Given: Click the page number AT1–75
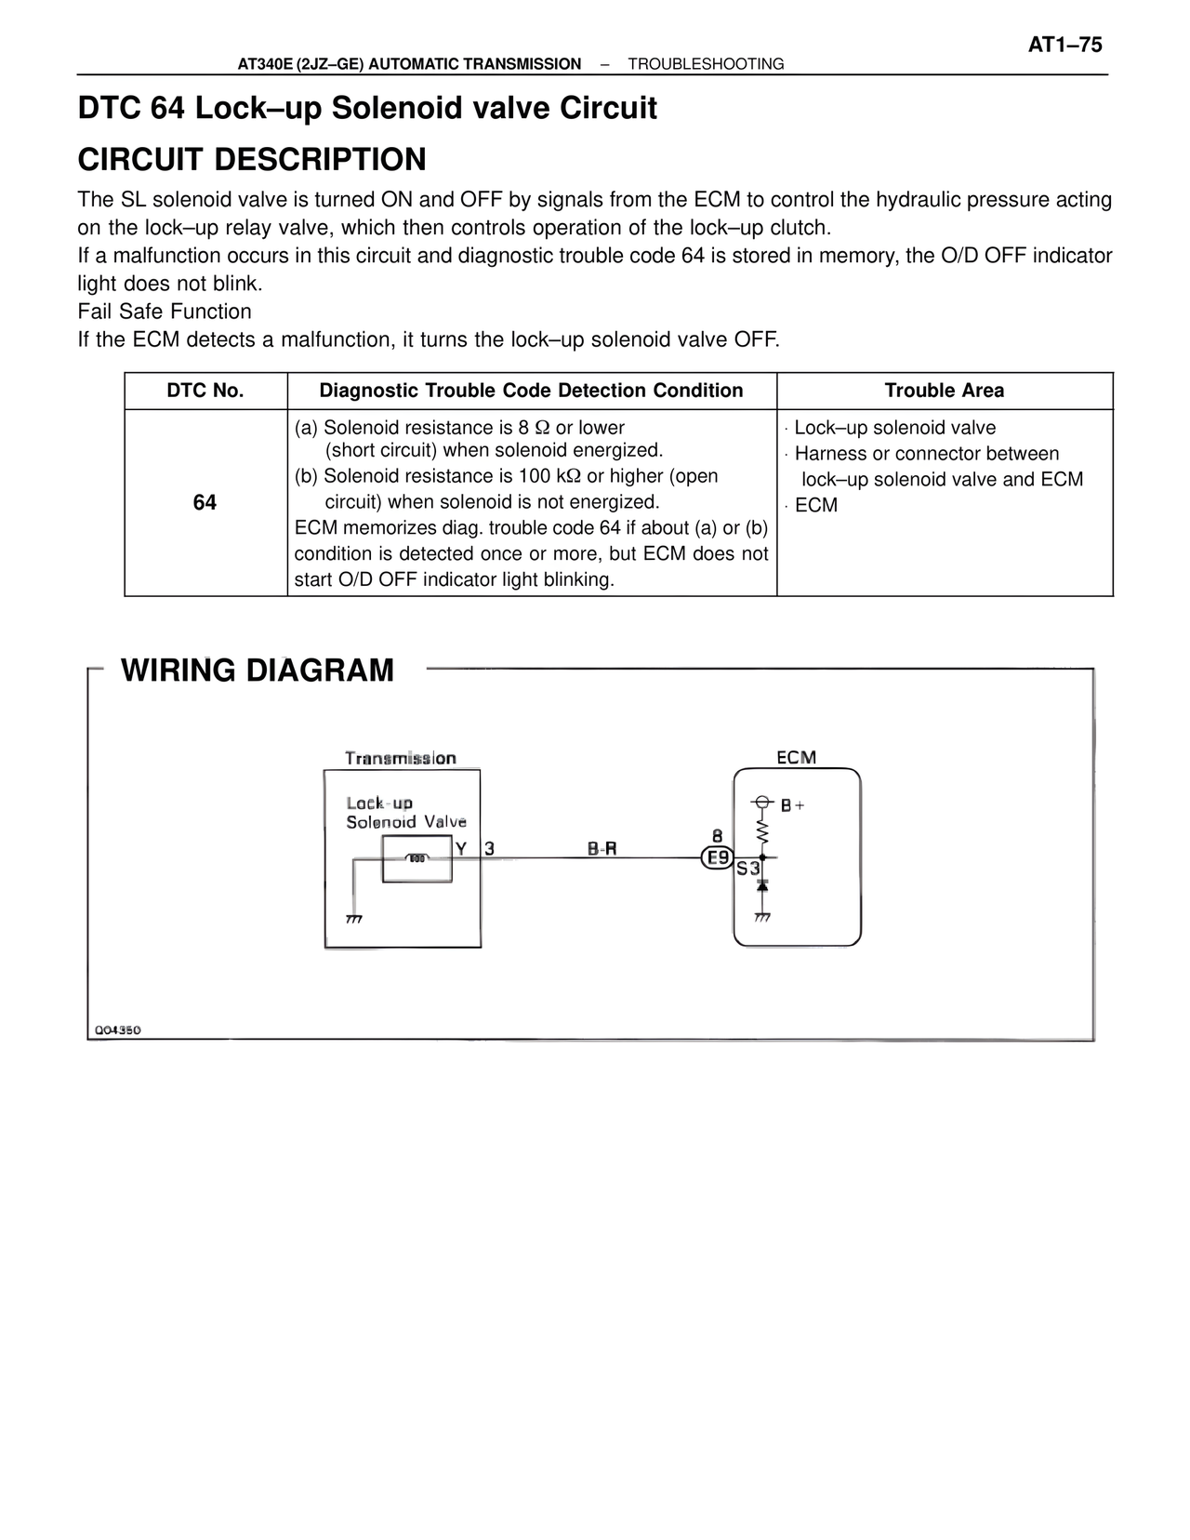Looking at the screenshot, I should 1064,45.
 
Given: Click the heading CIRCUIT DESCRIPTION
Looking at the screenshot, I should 252,159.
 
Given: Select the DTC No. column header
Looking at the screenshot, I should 205,391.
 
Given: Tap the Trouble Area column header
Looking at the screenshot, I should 944,391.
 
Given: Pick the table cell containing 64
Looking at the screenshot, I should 205,502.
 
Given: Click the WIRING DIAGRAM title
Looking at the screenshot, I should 258,670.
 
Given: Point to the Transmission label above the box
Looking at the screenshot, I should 401,758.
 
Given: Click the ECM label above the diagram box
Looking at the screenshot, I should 796,758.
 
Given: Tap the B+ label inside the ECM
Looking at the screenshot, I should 792,805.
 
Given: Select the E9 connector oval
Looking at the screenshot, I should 718,858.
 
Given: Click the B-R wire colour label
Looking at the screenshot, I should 602,848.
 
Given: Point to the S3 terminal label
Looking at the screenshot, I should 747,870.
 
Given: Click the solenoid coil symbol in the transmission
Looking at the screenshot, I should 417,858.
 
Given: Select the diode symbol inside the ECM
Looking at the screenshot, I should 762,886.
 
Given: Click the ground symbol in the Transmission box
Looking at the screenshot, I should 353,919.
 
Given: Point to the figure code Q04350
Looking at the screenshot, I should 117,1030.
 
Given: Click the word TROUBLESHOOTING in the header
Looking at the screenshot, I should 706,64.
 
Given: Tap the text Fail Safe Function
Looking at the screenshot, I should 165,312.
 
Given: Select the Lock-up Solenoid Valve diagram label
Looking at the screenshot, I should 405,813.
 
